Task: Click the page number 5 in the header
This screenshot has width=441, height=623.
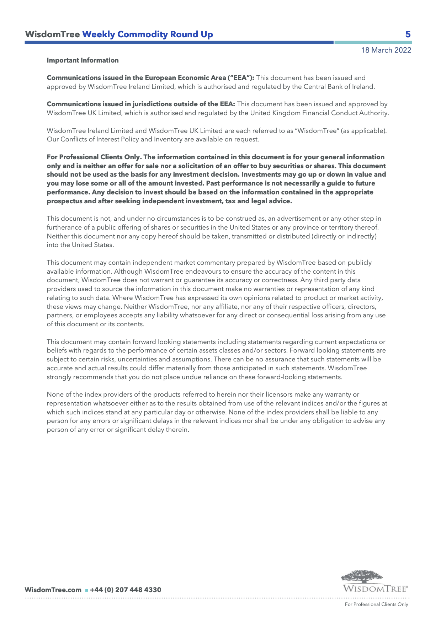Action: coord(408,34)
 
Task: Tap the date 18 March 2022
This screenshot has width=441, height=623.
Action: coord(386,50)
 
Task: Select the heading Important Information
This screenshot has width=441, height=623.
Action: coord(83,60)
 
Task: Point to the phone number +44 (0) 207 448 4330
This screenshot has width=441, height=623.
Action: coord(126,590)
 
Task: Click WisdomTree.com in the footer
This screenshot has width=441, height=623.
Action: coord(53,590)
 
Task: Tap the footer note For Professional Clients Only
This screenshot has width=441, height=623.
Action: coord(376,605)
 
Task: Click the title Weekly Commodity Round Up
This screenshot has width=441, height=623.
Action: coord(148,34)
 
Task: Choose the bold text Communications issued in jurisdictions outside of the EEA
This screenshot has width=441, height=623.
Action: coord(140,104)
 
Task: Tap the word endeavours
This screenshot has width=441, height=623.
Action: coord(204,272)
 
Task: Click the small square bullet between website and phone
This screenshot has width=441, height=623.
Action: coord(86,590)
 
